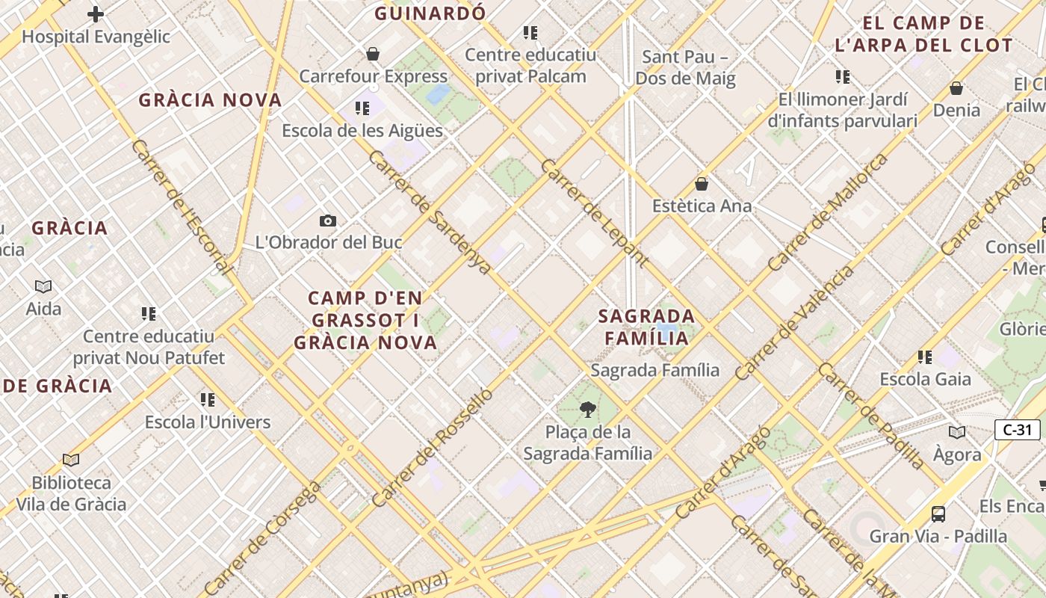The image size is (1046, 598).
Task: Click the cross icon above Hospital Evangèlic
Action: click(x=96, y=13)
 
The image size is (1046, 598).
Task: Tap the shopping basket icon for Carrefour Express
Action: click(x=373, y=54)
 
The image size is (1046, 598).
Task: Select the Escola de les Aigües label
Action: click(x=362, y=130)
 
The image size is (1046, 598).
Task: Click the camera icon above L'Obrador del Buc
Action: click(x=327, y=221)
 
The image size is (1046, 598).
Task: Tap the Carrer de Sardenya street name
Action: click(x=430, y=212)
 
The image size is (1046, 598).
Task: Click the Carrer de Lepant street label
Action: click(x=594, y=212)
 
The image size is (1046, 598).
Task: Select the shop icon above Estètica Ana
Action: click(x=702, y=183)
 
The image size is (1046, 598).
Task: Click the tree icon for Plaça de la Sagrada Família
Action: click(x=588, y=410)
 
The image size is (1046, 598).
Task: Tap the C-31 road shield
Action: click(x=1018, y=430)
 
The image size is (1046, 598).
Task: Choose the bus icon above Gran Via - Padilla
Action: click(x=938, y=514)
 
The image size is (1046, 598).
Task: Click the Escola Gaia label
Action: click(x=926, y=379)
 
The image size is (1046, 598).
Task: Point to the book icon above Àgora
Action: click(x=957, y=432)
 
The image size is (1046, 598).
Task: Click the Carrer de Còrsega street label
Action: click(x=262, y=538)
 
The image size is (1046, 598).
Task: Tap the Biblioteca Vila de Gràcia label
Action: click(x=71, y=493)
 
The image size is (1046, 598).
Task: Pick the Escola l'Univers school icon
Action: click(x=208, y=400)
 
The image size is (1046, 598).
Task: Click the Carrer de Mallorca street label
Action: click(x=828, y=212)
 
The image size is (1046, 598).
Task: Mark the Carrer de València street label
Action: click(x=793, y=323)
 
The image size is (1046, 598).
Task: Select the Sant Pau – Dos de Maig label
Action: click(x=685, y=67)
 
